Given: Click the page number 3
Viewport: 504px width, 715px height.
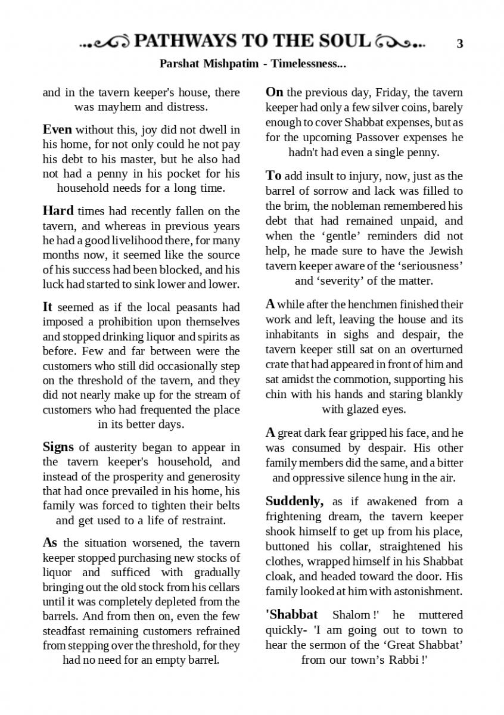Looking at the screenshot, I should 459,43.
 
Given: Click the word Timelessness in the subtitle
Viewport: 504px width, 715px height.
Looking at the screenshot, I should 307,63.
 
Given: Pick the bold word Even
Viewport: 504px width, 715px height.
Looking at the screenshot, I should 57,129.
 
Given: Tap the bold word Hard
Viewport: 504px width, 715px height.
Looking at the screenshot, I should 58,211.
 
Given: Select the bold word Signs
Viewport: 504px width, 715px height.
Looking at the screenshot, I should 58,447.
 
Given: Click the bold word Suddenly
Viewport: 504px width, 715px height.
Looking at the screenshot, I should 294,501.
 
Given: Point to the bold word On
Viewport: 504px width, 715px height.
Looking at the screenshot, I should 274,92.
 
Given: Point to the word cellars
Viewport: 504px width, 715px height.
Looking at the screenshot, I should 221,587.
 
